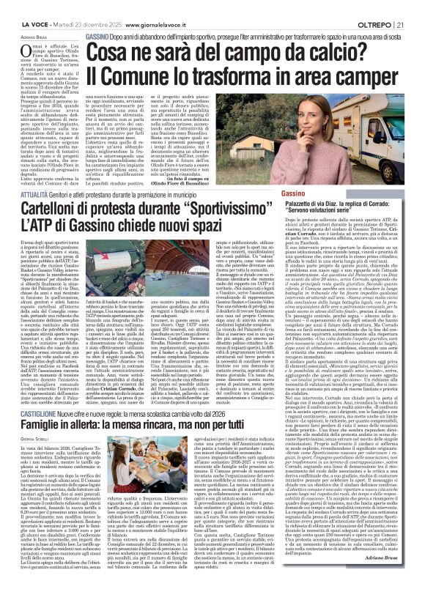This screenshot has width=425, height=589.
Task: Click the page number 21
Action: click(x=416, y=6)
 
